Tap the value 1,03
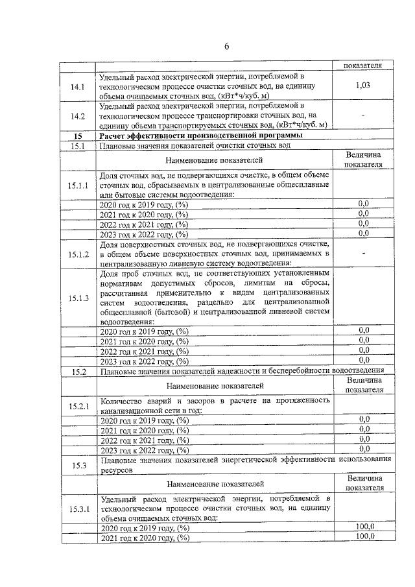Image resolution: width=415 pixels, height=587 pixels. pyautogui.click(x=363, y=86)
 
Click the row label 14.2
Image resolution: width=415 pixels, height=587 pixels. pyautogui.click(x=78, y=116)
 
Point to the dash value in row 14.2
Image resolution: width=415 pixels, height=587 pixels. pyautogui.click(x=364, y=114)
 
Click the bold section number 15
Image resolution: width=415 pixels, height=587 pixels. pyautogui.click(x=78, y=136)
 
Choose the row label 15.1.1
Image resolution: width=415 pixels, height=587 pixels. pyautogui.click(x=78, y=186)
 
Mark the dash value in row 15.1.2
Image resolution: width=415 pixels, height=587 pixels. pyautogui.click(x=364, y=253)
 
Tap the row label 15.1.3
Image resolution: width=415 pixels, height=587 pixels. pyautogui.click(x=78, y=298)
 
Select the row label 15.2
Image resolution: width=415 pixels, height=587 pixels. pyautogui.click(x=78, y=372)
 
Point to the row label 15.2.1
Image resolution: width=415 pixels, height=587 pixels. pyautogui.click(x=78, y=406)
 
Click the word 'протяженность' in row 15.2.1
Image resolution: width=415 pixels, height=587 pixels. pyautogui.click(x=300, y=401)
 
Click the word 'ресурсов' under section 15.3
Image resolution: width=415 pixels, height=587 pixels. pyautogui.click(x=117, y=468)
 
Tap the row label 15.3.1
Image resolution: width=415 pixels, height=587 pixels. pyautogui.click(x=78, y=510)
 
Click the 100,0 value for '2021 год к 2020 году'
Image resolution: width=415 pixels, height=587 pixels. pyautogui.click(x=366, y=538)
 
